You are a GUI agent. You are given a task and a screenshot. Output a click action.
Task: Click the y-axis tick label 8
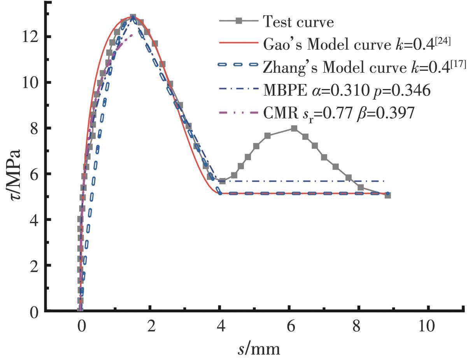[33, 128]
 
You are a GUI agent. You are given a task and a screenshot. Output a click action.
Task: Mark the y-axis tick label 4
[33, 220]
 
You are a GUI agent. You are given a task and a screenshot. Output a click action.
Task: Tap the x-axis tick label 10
[428, 326]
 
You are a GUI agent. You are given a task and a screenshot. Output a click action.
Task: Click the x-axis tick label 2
[151, 326]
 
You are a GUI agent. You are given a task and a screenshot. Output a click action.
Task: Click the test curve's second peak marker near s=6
[294, 128]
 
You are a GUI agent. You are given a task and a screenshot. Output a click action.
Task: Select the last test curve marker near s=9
[387, 195]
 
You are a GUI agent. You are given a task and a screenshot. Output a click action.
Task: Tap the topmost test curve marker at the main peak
[133, 17]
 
